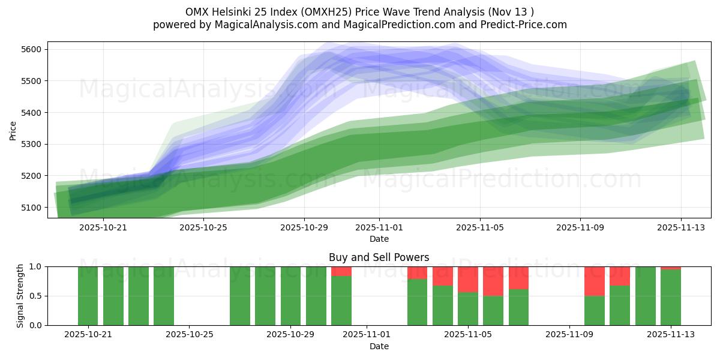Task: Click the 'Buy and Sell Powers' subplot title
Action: [x=379, y=257]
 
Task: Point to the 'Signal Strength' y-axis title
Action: [x=20, y=295]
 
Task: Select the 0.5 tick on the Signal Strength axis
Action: [x=36, y=296]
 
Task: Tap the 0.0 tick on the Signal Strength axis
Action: [x=36, y=325]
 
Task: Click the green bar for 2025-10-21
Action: [x=88, y=296]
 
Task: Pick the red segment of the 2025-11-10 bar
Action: [x=595, y=281]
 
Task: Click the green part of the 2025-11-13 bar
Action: [x=671, y=298]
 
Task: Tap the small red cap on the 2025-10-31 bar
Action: [x=341, y=271]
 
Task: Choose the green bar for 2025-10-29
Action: [x=291, y=296]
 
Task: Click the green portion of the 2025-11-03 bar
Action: [x=418, y=302]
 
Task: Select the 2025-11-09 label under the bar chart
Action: [x=569, y=335]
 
